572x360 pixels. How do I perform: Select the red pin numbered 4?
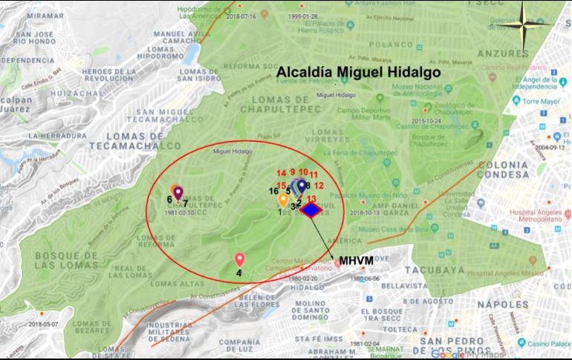(x=239, y=260)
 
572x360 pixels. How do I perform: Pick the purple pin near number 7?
(x=178, y=193)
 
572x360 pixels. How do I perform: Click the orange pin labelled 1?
(x=283, y=200)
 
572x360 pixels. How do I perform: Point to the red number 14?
(x=280, y=173)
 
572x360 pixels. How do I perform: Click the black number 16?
(x=274, y=192)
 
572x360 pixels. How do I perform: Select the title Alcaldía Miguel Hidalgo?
(x=359, y=73)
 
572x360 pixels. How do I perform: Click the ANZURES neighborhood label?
(x=502, y=54)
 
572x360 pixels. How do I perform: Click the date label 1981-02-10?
(x=181, y=213)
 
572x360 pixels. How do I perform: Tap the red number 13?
(x=311, y=199)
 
